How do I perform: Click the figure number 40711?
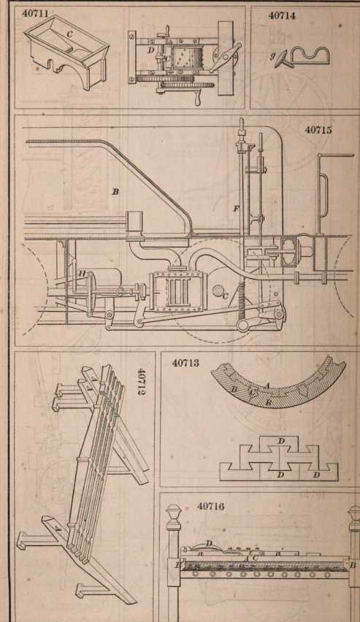(x=35, y=13)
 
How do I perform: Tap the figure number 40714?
(x=282, y=16)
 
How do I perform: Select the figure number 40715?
(x=318, y=130)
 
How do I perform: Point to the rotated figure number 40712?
(x=142, y=382)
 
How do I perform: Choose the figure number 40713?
(x=185, y=364)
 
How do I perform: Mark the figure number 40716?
(x=211, y=507)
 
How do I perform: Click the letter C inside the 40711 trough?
(x=69, y=34)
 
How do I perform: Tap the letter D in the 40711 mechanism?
(x=150, y=50)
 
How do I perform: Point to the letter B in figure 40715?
(x=115, y=192)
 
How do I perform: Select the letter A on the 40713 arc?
(x=267, y=385)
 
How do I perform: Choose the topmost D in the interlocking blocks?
(x=281, y=441)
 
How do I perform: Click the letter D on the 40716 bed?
(x=209, y=542)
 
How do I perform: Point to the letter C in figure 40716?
(x=255, y=558)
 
